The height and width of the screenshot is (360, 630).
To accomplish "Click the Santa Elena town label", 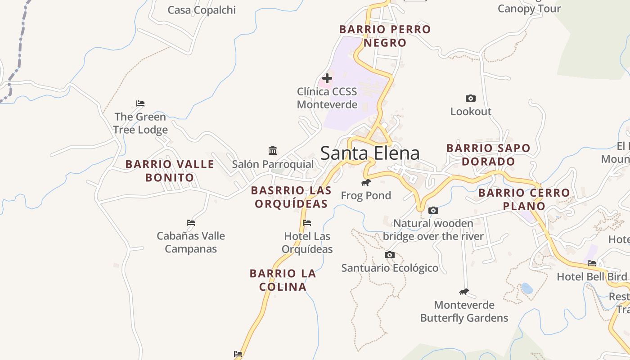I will coord(370,153).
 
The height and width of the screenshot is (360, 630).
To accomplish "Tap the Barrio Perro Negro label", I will coord(385,36).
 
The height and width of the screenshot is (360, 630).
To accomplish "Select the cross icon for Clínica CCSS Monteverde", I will coord(327,78).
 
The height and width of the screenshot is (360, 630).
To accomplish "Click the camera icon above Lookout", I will coord(470,98).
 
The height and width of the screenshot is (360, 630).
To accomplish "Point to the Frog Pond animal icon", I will coord(366,182).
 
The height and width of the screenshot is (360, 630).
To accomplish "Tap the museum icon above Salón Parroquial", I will coord(273,150).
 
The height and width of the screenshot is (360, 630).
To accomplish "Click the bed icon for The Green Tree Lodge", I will coord(140,103).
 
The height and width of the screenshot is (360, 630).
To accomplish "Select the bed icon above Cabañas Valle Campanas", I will coord(191,222).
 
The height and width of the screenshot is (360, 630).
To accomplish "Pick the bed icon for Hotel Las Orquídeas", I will coord(307,222).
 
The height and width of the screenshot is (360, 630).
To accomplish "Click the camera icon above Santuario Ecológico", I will coord(390,255).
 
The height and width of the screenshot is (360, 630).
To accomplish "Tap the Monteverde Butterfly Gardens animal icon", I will coord(464,292).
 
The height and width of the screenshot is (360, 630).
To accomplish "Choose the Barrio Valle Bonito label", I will coord(170,171).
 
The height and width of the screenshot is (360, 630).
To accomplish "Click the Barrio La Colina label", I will coord(283,280).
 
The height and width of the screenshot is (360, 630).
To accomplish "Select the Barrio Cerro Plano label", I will coord(524,199).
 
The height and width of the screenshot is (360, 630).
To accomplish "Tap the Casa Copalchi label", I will coord(202,10).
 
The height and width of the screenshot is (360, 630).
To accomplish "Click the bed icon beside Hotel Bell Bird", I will coord(592,263).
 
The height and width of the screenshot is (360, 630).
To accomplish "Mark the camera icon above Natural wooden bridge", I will coord(433,210).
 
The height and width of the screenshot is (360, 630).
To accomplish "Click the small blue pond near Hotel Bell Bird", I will coord(526,288).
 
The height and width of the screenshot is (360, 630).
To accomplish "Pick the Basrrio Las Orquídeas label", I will coord(291,197).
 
